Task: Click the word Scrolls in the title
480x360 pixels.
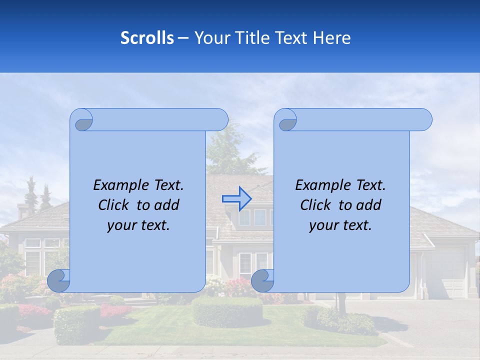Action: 147,38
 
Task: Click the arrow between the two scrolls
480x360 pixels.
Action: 236,198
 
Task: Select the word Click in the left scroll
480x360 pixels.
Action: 114,205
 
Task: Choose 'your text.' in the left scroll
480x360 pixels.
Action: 138,225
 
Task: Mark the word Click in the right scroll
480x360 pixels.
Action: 316,205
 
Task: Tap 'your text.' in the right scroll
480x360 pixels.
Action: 340,225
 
